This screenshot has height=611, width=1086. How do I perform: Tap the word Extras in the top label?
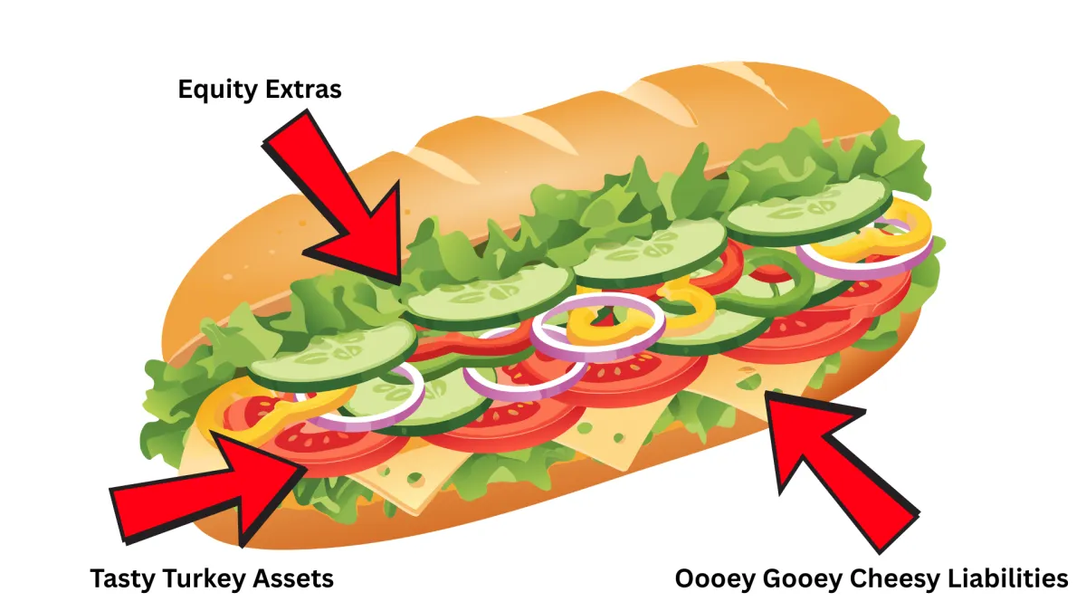click(x=301, y=90)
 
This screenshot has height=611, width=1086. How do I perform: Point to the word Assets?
click(x=291, y=578)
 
